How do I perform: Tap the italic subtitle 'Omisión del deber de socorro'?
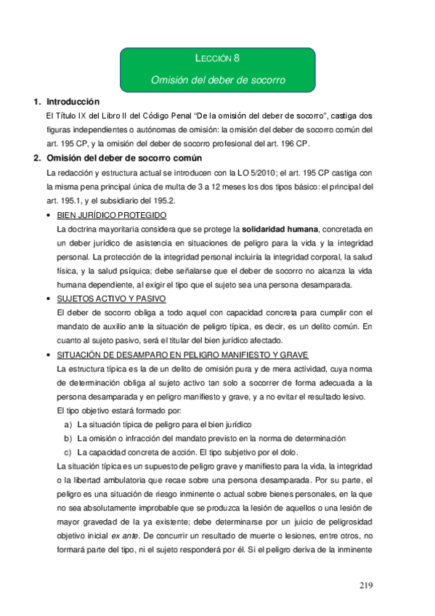click(x=218, y=79)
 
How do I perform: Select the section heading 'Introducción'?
click(x=73, y=102)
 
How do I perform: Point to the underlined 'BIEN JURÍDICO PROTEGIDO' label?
click(x=112, y=216)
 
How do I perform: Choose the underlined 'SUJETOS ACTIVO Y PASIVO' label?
click(x=111, y=299)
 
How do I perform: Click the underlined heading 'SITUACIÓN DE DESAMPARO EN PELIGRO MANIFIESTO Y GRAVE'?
click(x=182, y=354)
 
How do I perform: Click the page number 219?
click(x=369, y=585)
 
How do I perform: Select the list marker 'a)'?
click(x=68, y=424)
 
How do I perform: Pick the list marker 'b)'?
click(x=68, y=438)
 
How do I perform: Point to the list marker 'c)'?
click(x=68, y=452)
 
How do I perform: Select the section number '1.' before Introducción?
click(x=37, y=102)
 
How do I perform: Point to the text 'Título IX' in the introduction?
click(x=72, y=116)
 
